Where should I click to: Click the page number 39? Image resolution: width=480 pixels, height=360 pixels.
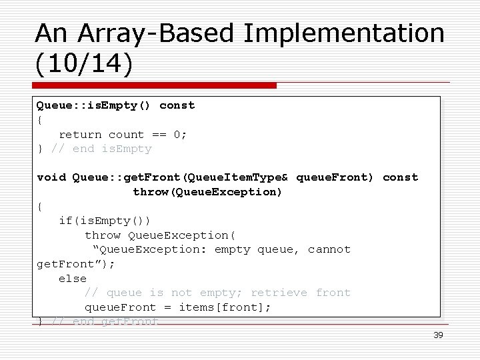pos(438,335)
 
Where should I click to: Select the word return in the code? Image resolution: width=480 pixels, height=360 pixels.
pos(80,134)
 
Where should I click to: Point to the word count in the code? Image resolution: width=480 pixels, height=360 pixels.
pos(127,134)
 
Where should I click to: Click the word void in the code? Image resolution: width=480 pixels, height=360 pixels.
pos(51,177)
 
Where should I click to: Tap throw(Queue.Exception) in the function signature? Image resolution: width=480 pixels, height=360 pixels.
pos(207,192)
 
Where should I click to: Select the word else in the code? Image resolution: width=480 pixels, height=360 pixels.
pos(73,279)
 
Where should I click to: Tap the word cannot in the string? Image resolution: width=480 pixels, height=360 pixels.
pos(329,250)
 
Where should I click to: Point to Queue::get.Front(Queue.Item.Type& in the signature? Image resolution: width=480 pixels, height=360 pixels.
pos(180,177)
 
